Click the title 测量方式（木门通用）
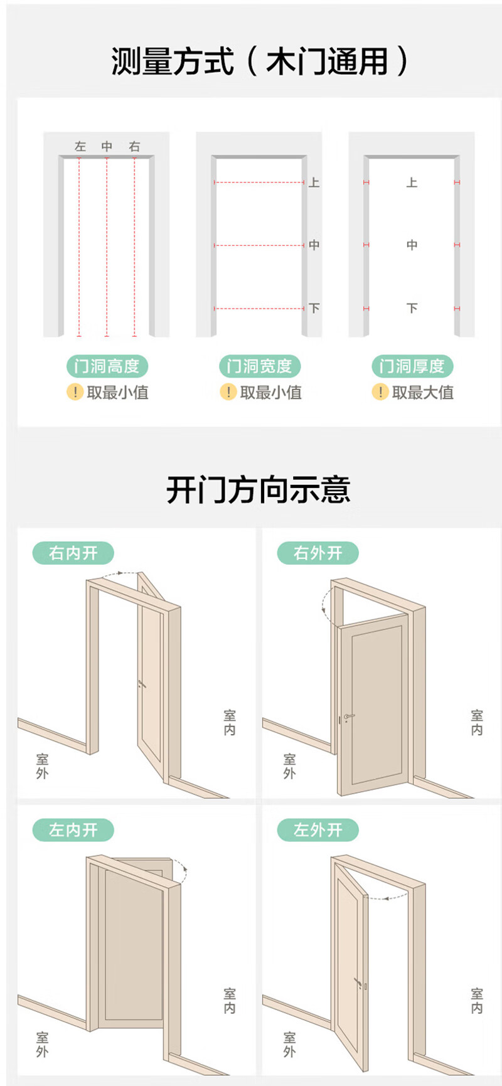[x=259, y=62]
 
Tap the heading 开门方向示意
[x=258, y=490]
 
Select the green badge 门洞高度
[x=107, y=366]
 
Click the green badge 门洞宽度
[x=260, y=366]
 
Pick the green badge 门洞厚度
[x=412, y=366]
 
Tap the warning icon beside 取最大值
[x=380, y=393]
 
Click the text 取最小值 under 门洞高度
[x=117, y=393]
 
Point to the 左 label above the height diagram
[x=80, y=147]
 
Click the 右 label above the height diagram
[x=134, y=147]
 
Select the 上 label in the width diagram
[x=314, y=183]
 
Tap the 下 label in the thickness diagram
[x=412, y=308]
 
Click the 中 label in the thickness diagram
[x=412, y=245]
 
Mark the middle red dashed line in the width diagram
[x=259, y=245]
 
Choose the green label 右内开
[x=73, y=553]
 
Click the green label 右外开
[x=318, y=553]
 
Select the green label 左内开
[x=73, y=830]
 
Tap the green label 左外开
[x=318, y=830]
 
